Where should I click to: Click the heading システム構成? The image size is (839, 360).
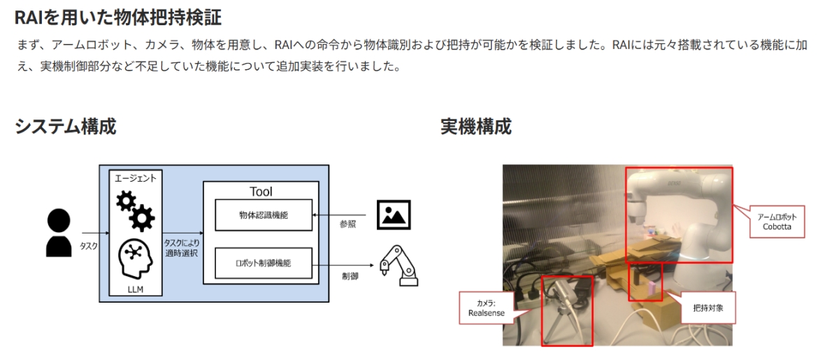(66, 127)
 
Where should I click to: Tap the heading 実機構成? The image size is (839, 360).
(475, 127)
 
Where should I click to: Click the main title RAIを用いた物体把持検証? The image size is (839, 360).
(118, 17)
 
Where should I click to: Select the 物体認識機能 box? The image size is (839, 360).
(264, 215)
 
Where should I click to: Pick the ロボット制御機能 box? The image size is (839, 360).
(264, 263)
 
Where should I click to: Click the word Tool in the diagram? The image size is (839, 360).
(261, 192)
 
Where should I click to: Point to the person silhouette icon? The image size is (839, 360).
(59, 233)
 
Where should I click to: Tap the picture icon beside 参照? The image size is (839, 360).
(394, 215)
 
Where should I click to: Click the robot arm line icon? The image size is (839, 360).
(399, 265)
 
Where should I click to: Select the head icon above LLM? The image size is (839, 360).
(135, 259)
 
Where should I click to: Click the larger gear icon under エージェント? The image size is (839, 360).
(142, 217)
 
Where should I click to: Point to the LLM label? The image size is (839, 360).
(135, 289)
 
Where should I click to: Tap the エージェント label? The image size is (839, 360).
(135, 178)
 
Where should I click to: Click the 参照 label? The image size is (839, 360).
(347, 224)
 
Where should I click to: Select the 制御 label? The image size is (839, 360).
(350, 276)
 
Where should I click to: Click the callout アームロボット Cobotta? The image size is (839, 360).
(777, 222)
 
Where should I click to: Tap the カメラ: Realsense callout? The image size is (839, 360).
(486, 308)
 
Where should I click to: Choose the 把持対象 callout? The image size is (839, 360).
(708, 308)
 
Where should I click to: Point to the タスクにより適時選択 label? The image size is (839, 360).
(182, 248)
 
